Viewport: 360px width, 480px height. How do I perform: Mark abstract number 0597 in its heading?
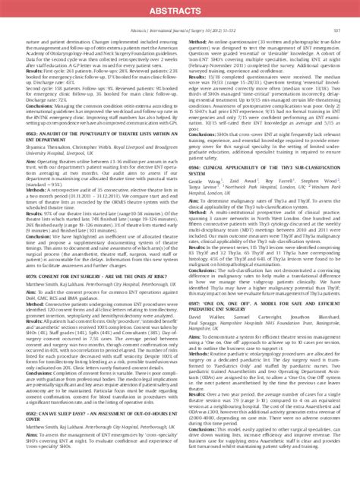tap(193, 333)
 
